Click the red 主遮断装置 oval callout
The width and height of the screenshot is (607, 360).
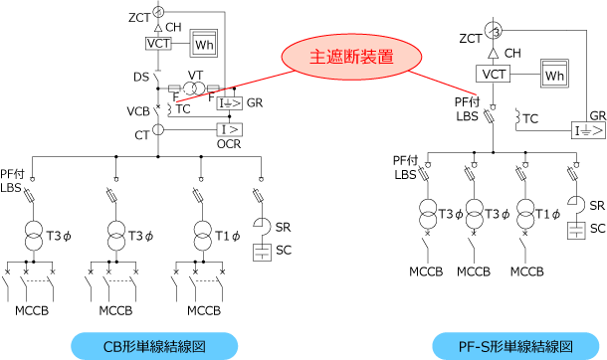tap(351, 57)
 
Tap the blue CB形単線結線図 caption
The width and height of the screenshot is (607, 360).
tap(154, 346)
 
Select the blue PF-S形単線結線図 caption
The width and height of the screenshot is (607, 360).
tap(515, 346)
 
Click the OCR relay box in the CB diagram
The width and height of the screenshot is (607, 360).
tap(229, 129)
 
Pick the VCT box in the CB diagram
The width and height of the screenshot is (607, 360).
tap(158, 44)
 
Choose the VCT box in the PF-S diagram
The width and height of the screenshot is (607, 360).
tap(493, 74)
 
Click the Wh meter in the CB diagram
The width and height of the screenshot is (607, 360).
tap(204, 44)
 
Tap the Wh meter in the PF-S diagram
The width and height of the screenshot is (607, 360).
tap(554, 74)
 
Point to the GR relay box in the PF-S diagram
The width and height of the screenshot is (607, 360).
tap(588, 130)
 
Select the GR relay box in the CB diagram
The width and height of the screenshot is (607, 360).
tap(229, 103)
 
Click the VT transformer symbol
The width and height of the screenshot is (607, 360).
tap(194, 89)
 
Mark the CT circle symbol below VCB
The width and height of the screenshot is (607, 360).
tap(158, 129)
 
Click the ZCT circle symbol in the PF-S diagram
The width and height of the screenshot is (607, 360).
tap(493, 31)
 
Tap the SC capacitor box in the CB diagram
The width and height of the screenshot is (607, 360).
tap(262, 253)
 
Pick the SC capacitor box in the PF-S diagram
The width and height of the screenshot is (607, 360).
tap(576, 231)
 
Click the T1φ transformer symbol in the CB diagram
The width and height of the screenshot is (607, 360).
tap(203, 236)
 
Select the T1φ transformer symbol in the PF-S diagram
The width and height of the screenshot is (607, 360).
tap(525, 214)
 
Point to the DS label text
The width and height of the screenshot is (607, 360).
tap(141, 78)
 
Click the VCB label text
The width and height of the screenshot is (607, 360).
tap(138, 111)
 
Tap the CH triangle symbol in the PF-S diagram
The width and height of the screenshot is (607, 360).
tap(493, 53)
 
